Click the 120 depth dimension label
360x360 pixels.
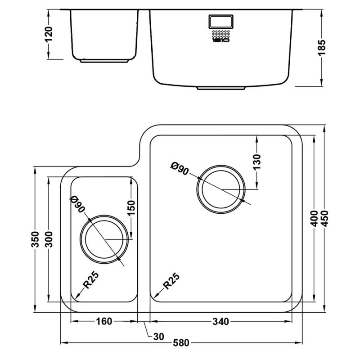pyautogui.click(x=49, y=34)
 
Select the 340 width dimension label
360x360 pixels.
pyautogui.click(x=222, y=321)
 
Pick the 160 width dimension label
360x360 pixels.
pyautogui.click(x=104, y=321)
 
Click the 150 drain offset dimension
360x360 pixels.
pyautogui.click(x=131, y=208)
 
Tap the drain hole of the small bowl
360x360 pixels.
pyautogui.click(x=103, y=240)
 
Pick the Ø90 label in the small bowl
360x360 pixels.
pyautogui.click(x=78, y=204)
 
